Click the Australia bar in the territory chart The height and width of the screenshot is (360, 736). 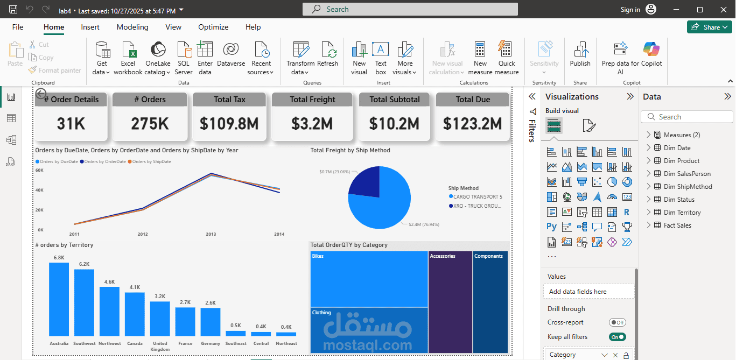point(59,299)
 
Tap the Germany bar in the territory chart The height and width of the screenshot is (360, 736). point(211,322)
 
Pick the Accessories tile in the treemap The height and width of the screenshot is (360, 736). point(450,301)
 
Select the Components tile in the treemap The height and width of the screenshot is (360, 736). point(490,301)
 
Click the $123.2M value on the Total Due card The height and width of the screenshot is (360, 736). point(472,124)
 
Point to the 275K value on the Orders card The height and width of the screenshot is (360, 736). point(150,124)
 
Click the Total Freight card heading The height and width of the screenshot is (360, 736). point(312,100)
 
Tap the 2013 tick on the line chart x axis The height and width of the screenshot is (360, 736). point(211,234)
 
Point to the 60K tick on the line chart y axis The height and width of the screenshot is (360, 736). point(39,170)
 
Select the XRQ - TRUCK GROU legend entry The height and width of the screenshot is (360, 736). point(477,206)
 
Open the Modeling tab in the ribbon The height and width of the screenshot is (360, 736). point(132,27)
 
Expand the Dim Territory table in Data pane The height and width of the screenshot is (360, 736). point(648,213)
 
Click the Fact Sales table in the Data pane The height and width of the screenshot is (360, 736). point(677,225)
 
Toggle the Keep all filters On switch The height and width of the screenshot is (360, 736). point(617,337)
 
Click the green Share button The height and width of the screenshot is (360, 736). point(709,27)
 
